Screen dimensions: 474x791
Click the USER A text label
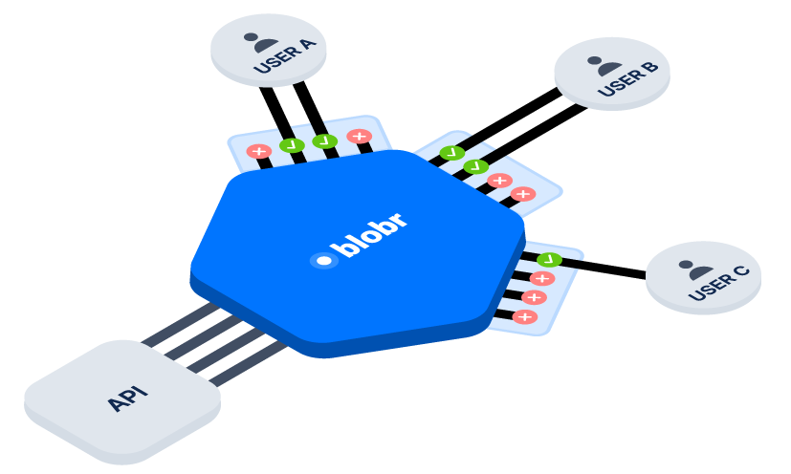coord(277,60)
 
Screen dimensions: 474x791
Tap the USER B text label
coord(626,83)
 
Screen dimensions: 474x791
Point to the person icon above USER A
coord(259,41)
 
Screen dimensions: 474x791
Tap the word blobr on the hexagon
coord(373,235)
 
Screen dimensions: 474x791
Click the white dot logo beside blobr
coord(324,260)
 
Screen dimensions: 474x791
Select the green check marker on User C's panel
coord(549,259)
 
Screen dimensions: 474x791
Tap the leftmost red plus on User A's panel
coord(258,151)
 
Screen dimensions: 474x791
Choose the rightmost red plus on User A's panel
coord(360,136)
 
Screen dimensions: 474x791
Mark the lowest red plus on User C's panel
coord(525,316)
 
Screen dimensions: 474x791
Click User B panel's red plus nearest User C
coord(522,194)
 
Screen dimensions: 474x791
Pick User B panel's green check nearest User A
coord(452,153)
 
